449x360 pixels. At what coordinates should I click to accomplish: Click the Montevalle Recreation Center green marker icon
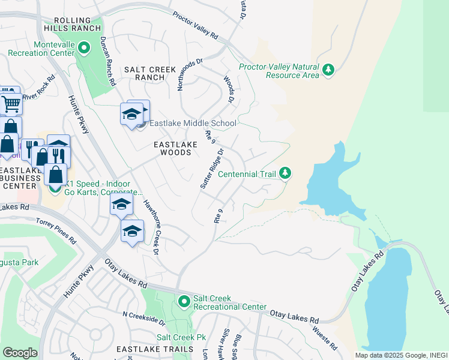click(84, 47)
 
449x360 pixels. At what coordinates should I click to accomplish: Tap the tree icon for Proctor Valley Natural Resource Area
click(328, 70)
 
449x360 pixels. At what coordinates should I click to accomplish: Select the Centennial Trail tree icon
click(286, 173)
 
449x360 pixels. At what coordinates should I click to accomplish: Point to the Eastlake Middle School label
click(193, 124)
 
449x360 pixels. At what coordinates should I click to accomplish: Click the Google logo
click(20, 353)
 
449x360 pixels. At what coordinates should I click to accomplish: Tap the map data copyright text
click(401, 355)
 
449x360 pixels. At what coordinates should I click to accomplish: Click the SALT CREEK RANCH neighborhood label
click(144, 74)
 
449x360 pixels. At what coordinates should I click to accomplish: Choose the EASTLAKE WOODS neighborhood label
click(172, 149)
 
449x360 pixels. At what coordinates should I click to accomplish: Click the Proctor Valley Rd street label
click(196, 25)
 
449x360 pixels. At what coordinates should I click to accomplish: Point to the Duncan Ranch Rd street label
click(107, 60)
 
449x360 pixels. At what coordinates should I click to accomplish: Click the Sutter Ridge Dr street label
click(212, 169)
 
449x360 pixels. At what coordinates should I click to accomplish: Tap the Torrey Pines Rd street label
click(57, 230)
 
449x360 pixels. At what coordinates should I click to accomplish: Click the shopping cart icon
click(11, 104)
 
